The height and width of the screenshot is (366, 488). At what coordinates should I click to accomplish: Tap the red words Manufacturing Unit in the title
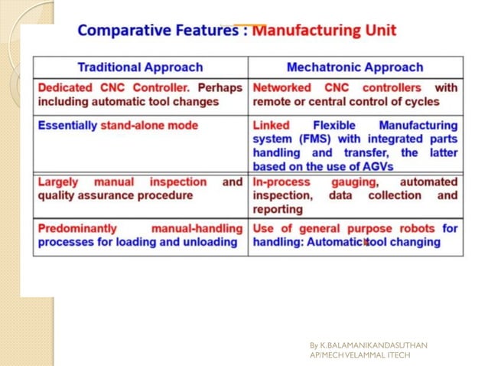pyautogui.click(x=324, y=32)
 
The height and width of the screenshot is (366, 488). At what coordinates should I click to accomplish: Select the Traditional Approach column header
pyautogui.click(x=140, y=67)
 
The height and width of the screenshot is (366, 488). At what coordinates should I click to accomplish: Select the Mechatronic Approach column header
pyautogui.click(x=356, y=67)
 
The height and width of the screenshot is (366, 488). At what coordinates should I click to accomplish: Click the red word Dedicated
pyautogui.click(x=63, y=87)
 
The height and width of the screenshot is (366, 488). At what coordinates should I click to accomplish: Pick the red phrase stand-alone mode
pyautogui.click(x=148, y=125)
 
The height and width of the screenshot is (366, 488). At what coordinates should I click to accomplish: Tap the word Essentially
pyautogui.click(x=67, y=125)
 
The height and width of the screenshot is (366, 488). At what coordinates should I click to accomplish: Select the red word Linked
pyautogui.click(x=272, y=125)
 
